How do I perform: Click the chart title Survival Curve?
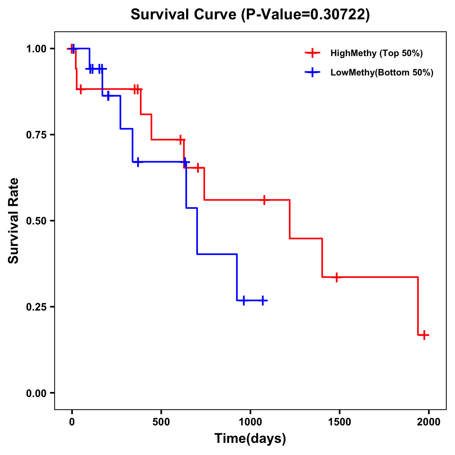pos(184,14)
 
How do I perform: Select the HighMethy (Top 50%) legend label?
pos(376,53)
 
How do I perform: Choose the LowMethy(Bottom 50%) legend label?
pos(382,72)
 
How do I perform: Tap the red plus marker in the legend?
pos(312,53)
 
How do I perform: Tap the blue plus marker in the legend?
pos(312,72)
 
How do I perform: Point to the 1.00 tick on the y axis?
pos(36,49)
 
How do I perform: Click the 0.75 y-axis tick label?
pos(36,135)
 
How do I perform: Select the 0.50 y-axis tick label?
pos(36,221)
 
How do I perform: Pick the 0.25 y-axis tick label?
pos(36,307)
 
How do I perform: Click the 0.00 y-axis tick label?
pos(36,393)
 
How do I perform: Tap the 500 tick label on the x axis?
pos(161,422)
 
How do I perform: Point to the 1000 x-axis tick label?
pos(250,422)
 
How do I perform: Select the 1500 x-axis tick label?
pos(339,422)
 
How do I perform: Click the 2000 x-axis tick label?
pos(428,422)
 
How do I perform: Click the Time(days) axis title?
pos(250,439)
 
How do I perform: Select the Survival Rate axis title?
pos(14,221)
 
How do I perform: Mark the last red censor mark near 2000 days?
pos(424,335)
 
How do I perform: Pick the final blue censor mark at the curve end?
pos(262,300)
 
